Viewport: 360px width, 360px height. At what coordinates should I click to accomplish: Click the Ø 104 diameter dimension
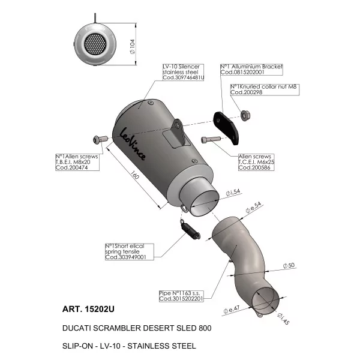[x=133, y=47]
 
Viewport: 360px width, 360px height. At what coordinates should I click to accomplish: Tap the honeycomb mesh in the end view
[x=95, y=43]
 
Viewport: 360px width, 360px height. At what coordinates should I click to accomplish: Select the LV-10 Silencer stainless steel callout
[x=183, y=72]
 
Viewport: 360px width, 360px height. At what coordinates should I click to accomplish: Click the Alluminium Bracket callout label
[x=251, y=70]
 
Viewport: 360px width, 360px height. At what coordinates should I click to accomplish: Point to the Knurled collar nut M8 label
[x=265, y=89]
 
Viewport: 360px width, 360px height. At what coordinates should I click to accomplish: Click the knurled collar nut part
[x=245, y=115]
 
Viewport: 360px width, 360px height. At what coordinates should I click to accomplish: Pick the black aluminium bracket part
[x=226, y=128]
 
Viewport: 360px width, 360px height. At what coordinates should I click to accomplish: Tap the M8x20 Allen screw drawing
[x=100, y=139]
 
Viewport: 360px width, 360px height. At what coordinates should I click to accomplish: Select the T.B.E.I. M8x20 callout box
[x=77, y=162]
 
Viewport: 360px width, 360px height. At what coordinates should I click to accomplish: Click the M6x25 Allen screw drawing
[x=211, y=139]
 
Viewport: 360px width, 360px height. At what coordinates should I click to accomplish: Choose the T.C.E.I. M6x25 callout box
[x=256, y=162]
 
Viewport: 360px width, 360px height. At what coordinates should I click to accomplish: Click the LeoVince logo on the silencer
[x=133, y=144]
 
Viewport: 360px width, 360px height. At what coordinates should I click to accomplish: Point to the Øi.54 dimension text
[x=233, y=192]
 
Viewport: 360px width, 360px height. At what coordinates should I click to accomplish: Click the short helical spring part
[x=190, y=230]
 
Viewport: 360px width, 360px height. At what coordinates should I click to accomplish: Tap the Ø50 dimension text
[x=289, y=265]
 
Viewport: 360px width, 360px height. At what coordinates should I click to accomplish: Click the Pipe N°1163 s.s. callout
[x=181, y=296]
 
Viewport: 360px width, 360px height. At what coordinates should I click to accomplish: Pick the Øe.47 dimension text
[x=232, y=309]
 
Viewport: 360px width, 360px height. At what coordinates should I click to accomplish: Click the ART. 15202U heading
[x=88, y=309]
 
